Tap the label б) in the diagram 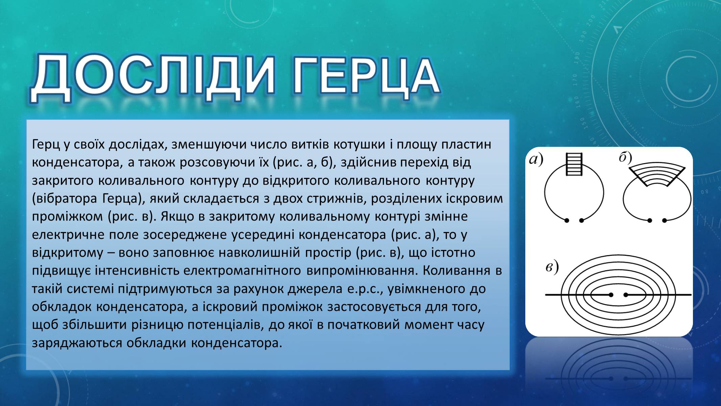(626, 158)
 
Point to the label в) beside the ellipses (552, 267)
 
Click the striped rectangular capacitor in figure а (574, 164)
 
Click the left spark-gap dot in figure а (567, 221)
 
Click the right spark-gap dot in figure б (664, 221)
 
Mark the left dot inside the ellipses (610, 295)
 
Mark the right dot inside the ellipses (626, 295)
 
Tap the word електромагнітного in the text (242, 271)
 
